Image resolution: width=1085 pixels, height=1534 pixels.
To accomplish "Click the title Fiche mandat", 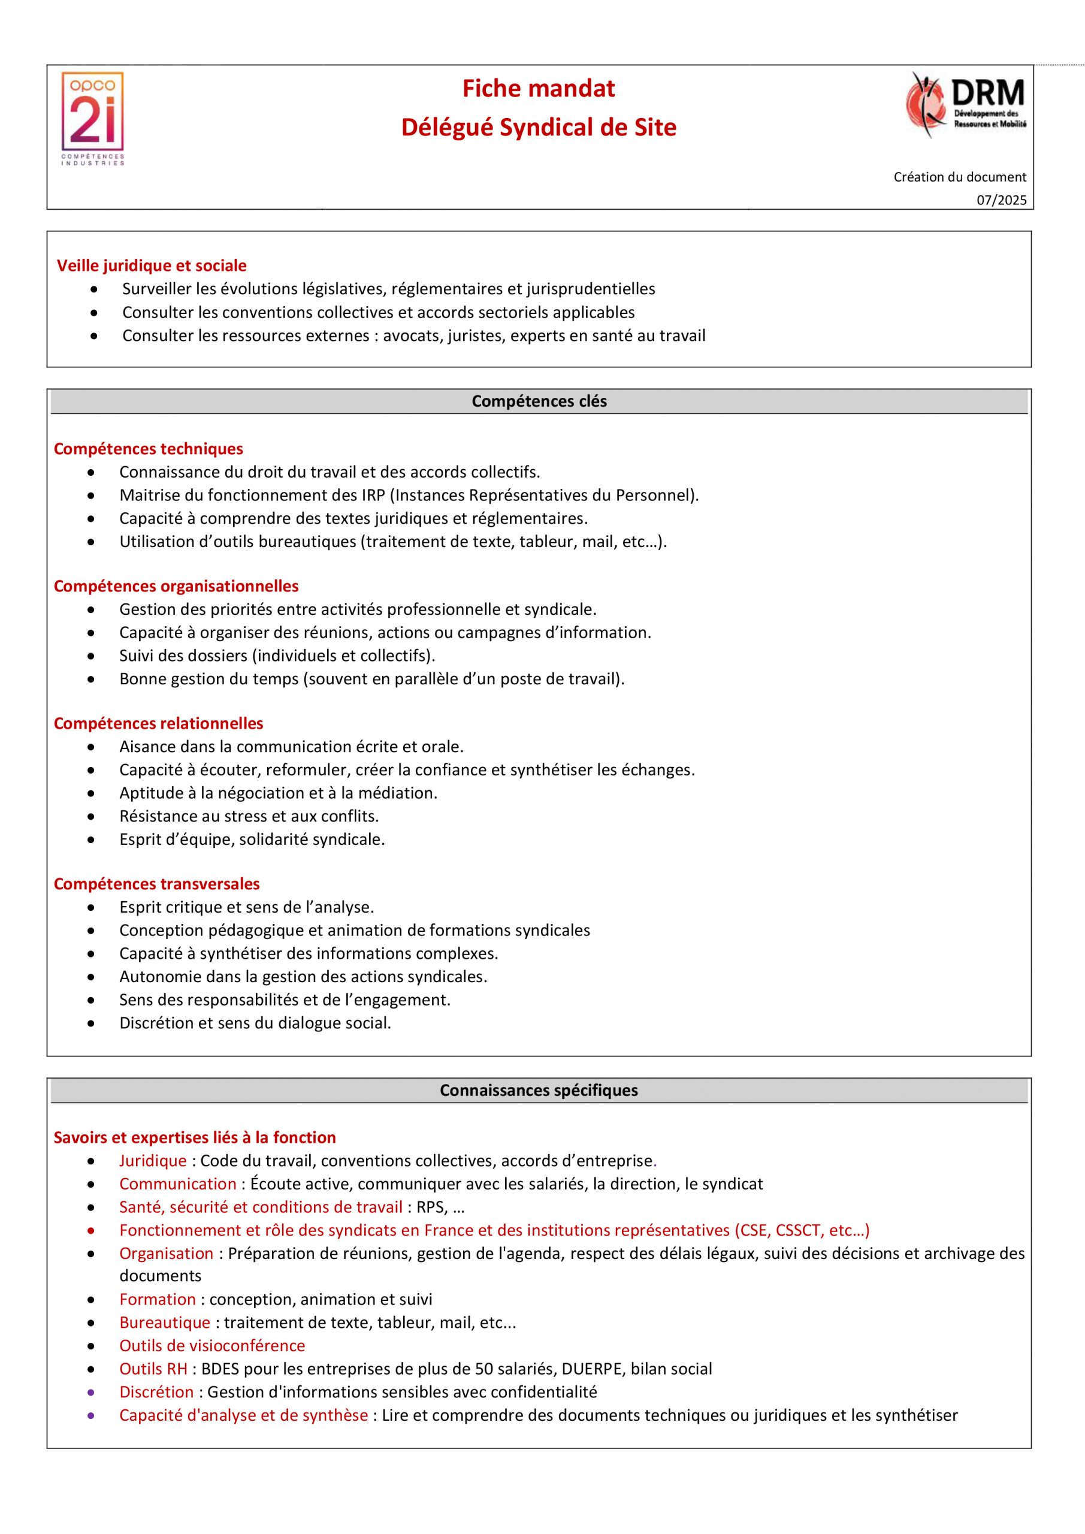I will (x=539, y=89).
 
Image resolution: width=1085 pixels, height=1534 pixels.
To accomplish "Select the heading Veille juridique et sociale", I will (x=152, y=266).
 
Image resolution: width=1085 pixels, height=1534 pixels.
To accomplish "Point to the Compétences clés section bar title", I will (x=539, y=401).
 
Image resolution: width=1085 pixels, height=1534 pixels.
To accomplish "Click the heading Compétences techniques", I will (x=149, y=449).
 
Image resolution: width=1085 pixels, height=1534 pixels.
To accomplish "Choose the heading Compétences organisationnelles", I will (x=176, y=586).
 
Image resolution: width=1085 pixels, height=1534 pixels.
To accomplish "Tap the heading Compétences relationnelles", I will (x=158, y=724).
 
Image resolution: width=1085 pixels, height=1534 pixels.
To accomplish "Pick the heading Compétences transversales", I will (x=156, y=884).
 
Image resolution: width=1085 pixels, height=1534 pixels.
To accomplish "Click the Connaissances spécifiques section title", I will (x=539, y=1091).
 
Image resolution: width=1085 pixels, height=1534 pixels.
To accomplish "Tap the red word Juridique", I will (x=153, y=1161).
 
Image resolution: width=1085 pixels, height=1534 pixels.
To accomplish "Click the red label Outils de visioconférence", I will (x=212, y=1346).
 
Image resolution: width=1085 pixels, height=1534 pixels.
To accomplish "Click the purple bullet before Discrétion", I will (x=91, y=1393).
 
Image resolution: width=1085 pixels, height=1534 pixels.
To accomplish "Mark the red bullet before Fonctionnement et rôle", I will (x=91, y=1230).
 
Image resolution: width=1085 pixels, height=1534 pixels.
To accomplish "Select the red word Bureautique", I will (x=165, y=1323).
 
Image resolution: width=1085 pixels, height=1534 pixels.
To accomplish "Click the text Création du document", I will (x=959, y=177).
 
